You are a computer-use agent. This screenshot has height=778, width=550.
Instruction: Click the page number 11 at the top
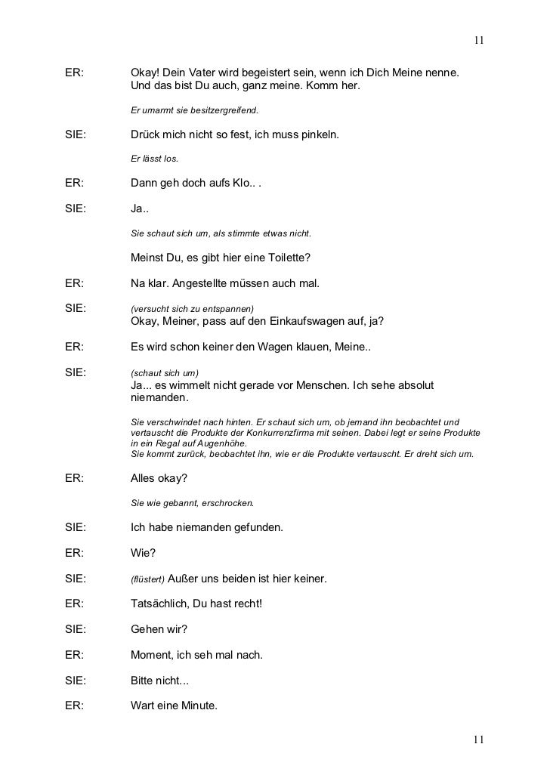tap(479, 39)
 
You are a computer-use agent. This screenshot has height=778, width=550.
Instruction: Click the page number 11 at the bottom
tap(479, 739)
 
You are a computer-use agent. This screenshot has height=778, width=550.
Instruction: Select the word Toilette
tap(286, 258)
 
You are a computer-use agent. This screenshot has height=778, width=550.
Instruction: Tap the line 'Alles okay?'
tap(159, 479)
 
